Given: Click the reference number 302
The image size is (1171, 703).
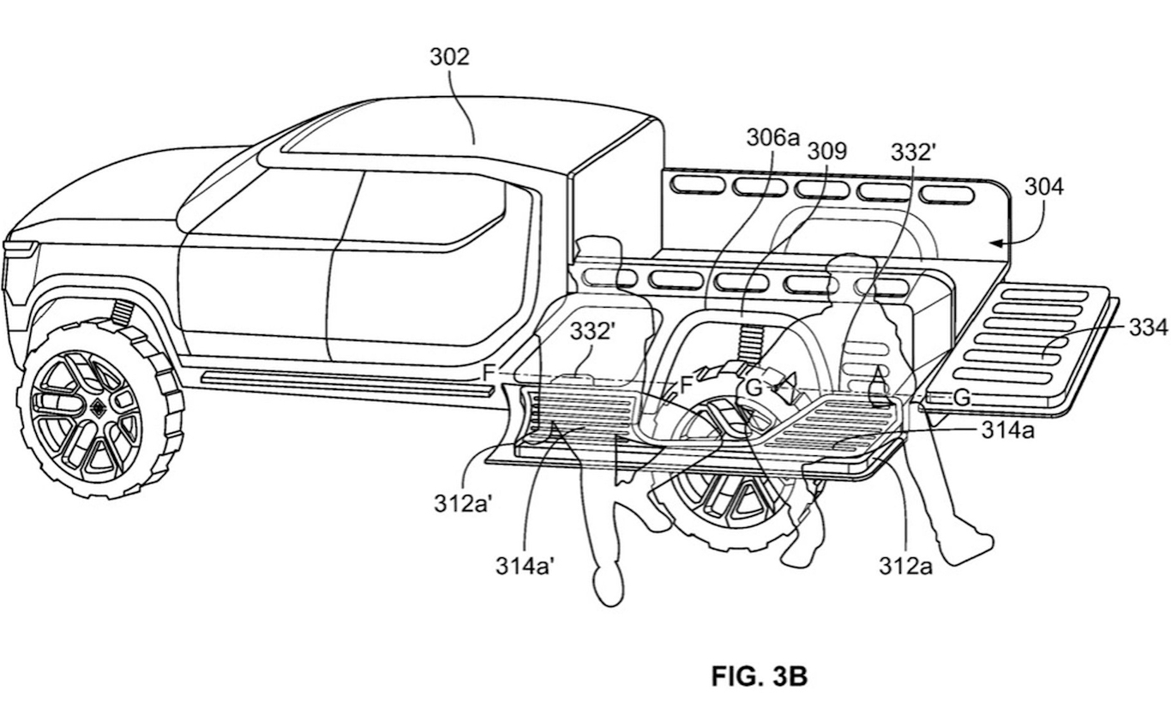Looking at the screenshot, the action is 449,57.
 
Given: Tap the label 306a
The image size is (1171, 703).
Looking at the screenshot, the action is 773,137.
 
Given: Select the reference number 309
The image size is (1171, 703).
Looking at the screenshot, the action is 827,151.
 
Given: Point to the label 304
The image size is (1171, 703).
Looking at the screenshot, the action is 1044,187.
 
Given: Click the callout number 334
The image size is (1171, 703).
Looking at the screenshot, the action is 1148,327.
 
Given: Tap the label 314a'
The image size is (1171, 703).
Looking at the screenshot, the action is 525,566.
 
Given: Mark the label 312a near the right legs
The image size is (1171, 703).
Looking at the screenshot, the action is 906,566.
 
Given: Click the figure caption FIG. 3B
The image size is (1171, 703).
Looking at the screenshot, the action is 759,676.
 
